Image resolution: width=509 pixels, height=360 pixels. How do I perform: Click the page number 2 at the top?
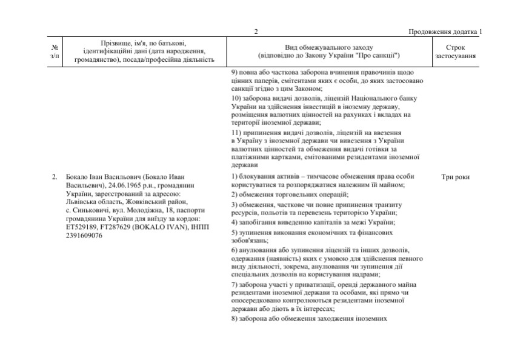tap(256, 32)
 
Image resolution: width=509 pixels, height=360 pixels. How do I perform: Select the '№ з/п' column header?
tap(55, 52)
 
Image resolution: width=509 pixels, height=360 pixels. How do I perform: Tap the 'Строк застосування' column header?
tap(455, 52)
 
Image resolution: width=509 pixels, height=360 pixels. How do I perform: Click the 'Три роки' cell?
tap(455, 177)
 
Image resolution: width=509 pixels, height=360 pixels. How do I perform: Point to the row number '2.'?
tap(55, 177)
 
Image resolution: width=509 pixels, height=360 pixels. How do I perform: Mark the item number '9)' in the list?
tap(236, 72)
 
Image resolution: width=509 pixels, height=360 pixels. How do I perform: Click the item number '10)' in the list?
tap(238, 98)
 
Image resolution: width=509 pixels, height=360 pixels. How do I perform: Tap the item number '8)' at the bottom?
tap(236, 318)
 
